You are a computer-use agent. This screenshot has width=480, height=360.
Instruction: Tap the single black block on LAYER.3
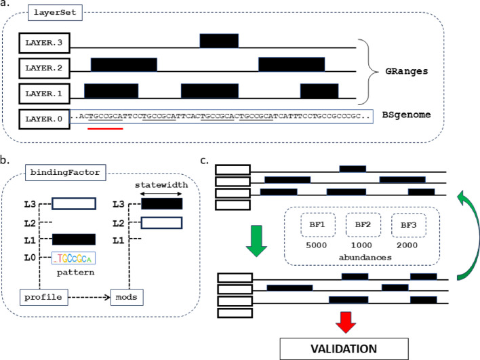pos(219,40)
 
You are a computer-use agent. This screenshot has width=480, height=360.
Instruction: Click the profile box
pos(39,296)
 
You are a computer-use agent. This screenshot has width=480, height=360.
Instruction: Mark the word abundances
pos(359,258)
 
